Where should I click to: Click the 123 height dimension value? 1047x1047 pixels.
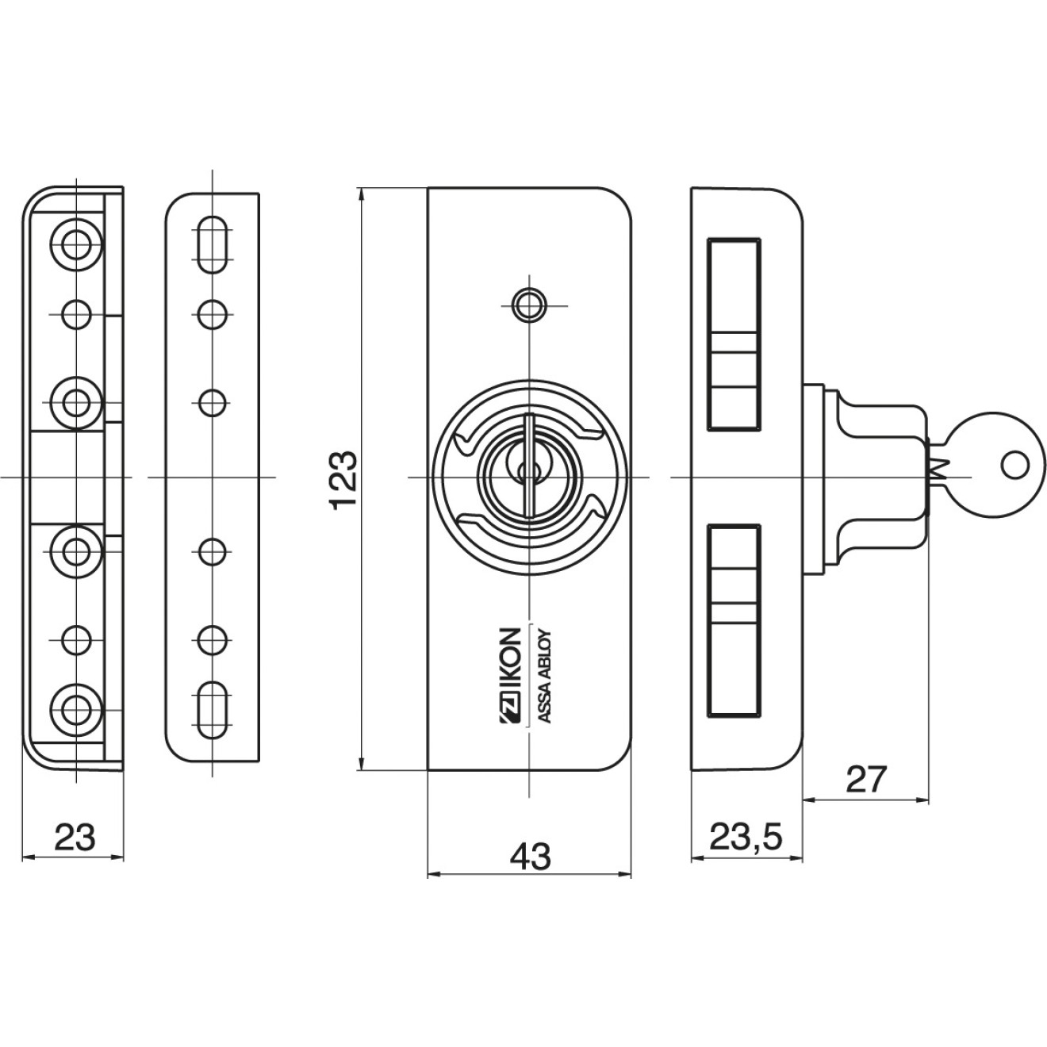point(343,481)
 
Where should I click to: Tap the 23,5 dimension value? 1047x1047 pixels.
point(746,837)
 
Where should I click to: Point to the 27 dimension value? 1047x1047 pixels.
point(865,780)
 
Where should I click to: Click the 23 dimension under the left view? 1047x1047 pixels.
point(75,837)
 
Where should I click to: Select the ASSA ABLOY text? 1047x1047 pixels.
point(545,676)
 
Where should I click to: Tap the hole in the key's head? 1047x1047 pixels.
point(1014,465)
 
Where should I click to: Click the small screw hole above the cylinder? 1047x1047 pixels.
point(528,305)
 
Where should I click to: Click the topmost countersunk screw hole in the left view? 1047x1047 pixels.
point(77,242)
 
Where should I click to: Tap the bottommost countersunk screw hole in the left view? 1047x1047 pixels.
point(77,704)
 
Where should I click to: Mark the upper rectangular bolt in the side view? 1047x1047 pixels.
point(734,333)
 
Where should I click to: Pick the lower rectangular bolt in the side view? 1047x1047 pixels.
point(734,621)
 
